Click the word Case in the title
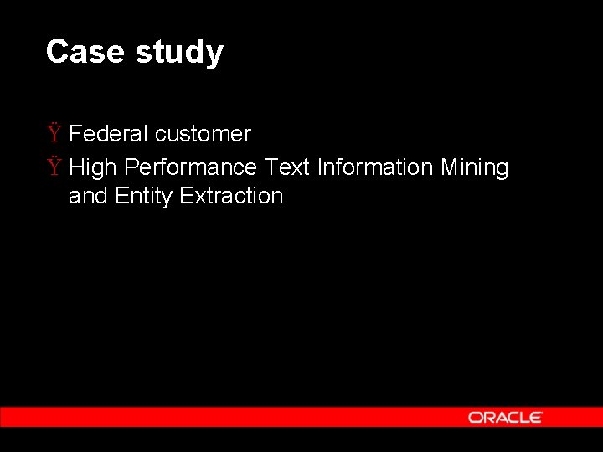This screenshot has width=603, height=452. click(85, 52)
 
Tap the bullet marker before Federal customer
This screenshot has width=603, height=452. click(54, 134)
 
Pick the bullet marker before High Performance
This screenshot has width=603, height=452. click(54, 167)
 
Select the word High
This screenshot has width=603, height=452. click(92, 167)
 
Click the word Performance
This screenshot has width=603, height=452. click(190, 167)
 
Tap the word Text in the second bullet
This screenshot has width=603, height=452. click(286, 167)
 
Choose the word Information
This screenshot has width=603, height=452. click(374, 167)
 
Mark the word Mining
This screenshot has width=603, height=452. click(474, 167)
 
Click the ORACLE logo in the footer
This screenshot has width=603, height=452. click(505, 417)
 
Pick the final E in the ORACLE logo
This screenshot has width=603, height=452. click(536, 417)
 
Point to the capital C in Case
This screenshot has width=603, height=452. click(57, 52)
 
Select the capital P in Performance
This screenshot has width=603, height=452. click(131, 167)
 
